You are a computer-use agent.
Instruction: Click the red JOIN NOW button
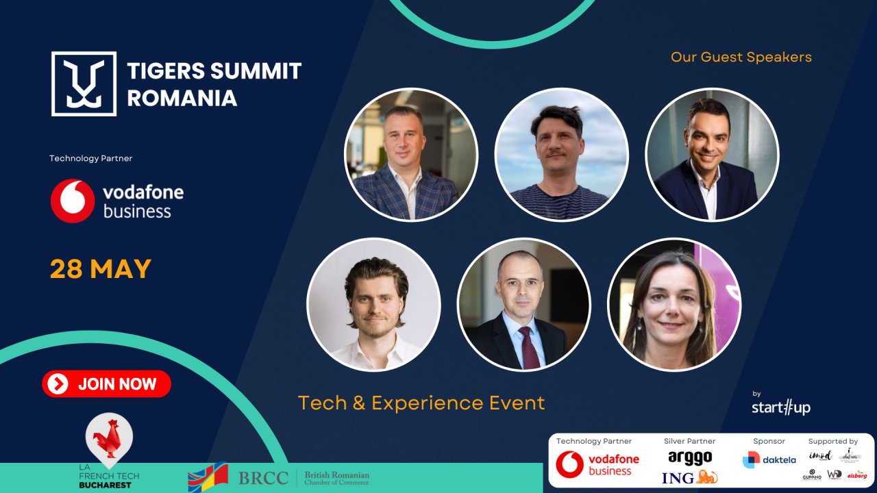106,384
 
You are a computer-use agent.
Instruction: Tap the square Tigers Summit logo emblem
84,84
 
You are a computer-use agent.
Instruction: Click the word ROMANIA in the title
182,97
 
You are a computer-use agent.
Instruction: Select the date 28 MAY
100,269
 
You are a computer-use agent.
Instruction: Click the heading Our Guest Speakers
741,57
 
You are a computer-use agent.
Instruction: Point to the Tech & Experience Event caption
421,403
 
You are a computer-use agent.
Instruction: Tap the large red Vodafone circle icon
73,201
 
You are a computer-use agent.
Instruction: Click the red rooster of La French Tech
108,436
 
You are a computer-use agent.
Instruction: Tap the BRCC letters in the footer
262,478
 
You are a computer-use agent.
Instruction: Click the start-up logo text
780,407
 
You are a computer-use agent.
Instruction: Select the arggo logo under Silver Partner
689,457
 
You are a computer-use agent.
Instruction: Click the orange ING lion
706,477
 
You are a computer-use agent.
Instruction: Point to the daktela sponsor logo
769,459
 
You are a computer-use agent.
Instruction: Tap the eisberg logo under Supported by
856,475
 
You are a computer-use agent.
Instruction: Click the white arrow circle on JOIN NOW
58,384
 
